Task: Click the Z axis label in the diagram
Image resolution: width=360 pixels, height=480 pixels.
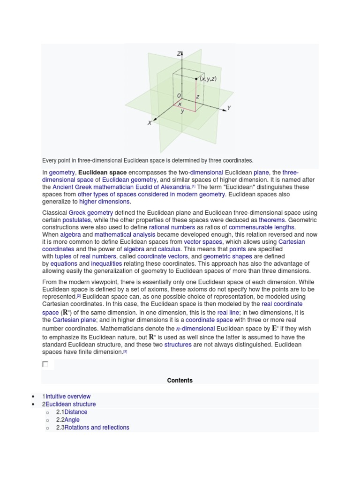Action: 179,54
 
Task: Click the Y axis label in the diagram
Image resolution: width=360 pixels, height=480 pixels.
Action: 229,108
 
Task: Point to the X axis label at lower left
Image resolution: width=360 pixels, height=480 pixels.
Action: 150,123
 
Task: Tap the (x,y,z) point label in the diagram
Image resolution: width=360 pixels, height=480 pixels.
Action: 208,79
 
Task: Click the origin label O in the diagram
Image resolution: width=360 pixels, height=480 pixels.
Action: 179,96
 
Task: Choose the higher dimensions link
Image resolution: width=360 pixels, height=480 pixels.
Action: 104,202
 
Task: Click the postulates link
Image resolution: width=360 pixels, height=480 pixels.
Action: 76,220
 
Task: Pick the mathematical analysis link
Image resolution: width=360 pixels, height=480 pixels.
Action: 125,234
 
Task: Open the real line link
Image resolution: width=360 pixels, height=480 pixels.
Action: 228,312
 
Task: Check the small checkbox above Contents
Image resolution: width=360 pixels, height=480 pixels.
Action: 45,364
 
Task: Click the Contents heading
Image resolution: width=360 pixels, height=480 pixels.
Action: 180,380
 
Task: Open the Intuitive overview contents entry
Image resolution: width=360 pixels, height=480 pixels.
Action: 68,397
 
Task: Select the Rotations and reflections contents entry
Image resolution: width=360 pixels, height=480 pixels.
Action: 97,427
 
